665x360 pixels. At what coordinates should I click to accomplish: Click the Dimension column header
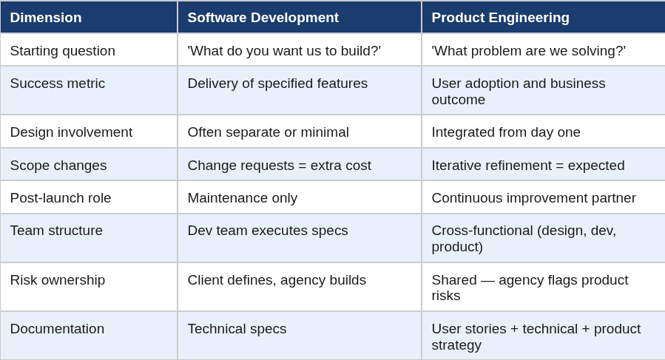click(x=46, y=18)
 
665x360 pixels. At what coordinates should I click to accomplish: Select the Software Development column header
click(x=263, y=18)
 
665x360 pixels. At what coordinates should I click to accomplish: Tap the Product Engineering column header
click(x=501, y=18)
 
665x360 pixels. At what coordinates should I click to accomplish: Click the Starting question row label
click(x=63, y=51)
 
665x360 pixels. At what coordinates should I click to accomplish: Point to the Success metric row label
click(x=58, y=84)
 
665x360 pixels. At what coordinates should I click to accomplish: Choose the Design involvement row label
click(x=71, y=132)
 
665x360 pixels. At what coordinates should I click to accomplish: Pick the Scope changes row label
click(x=58, y=166)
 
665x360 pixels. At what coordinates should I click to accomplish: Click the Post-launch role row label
click(x=61, y=198)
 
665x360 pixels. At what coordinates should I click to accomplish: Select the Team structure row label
click(x=56, y=231)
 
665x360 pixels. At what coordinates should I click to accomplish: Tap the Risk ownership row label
click(x=58, y=280)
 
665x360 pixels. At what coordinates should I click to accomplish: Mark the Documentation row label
click(x=57, y=329)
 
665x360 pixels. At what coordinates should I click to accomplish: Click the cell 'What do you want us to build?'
click(x=284, y=51)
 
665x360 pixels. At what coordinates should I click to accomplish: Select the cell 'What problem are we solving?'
click(x=528, y=51)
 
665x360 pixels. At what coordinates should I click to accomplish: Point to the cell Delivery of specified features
click(x=278, y=84)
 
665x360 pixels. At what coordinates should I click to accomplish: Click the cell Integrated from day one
click(x=506, y=132)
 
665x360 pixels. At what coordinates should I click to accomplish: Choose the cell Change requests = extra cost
click(x=280, y=166)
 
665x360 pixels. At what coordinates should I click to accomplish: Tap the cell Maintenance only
click(x=243, y=198)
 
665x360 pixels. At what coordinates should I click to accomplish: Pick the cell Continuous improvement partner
click(x=533, y=198)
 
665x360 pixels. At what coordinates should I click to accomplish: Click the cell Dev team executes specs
click(x=268, y=231)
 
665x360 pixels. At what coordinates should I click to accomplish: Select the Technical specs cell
click(x=237, y=329)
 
